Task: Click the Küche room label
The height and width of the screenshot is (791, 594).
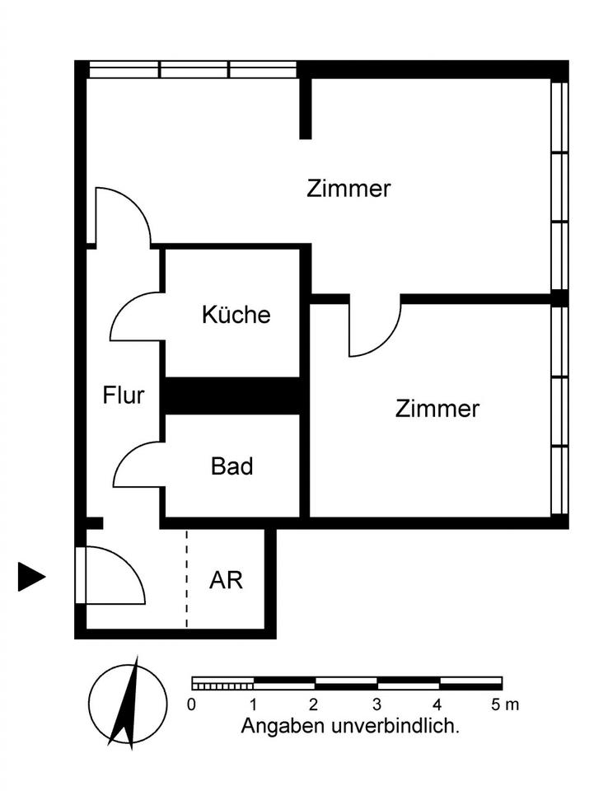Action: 236,315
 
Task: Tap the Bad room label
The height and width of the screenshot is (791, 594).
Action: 232,466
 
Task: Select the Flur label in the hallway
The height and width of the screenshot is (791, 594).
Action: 124,395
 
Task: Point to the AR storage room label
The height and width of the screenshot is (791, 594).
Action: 226,580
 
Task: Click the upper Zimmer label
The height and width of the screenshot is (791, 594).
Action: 348,189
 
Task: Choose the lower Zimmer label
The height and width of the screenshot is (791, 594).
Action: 437,409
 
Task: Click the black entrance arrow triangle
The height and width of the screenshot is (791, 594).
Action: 30,577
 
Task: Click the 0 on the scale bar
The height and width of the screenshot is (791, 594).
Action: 192,704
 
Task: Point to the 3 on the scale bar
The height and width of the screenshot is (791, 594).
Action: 377,704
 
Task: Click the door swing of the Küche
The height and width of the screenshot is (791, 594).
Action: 133,317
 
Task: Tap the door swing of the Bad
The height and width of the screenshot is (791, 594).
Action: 136,466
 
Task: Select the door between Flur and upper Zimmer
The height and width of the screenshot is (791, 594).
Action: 122,216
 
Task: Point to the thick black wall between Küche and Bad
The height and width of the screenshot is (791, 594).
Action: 232,395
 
